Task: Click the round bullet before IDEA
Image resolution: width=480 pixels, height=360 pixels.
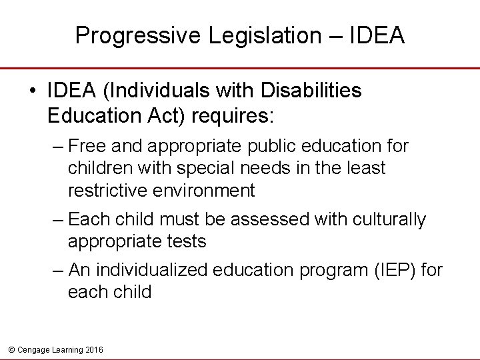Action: pyautogui.click(x=33, y=91)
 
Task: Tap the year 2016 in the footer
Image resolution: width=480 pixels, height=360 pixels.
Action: pyautogui.click(x=93, y=349)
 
